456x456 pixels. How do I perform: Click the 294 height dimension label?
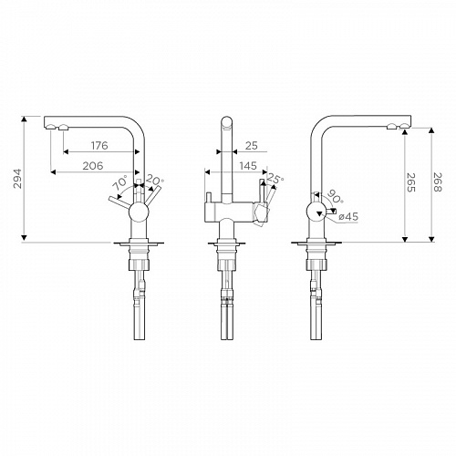18,179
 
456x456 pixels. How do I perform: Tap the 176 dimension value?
99,146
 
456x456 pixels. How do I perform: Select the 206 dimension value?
93,166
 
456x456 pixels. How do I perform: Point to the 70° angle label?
119,183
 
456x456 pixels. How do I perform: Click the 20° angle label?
154,181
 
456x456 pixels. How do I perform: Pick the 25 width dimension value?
252,146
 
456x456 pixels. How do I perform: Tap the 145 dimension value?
248,166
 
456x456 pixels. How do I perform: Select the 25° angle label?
275,179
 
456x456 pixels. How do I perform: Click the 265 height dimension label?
411,182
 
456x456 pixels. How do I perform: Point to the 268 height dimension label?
438,181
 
